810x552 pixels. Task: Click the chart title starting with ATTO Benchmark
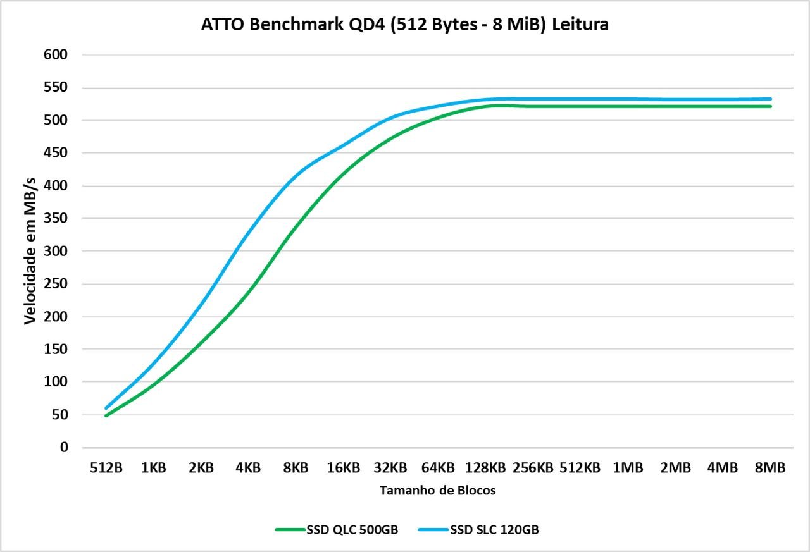coord(405,25)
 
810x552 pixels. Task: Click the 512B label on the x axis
coord(106,468)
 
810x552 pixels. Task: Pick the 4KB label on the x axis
coord(248,468)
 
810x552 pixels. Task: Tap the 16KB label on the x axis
coord(344,468)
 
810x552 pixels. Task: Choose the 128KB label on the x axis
coord(485,468)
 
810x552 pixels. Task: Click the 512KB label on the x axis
coord(580,468)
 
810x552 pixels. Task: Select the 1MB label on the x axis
coord(628,468)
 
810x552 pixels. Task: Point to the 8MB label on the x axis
coord(770,468)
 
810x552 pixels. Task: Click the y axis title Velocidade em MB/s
coord(30,251)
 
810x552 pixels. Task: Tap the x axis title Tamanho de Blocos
coord(438,491)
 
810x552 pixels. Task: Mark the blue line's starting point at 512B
coord(106,408)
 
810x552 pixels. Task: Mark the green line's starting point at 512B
coord(106,415)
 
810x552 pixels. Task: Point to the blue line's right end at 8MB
coord(770,99)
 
